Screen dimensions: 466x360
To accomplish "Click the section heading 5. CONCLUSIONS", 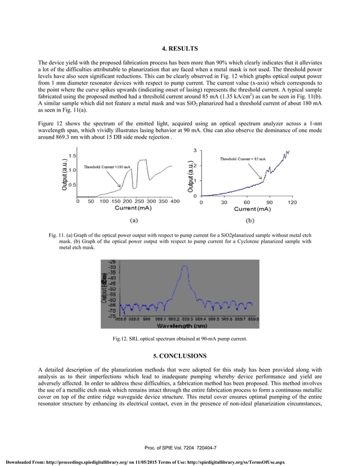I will (x=180, y=355).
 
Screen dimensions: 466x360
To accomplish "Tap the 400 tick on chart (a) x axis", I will (x=175, y=201).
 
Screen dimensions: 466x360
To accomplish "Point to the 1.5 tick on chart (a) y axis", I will (x=73, y=156).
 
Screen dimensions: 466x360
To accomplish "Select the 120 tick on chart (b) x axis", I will (x=292, y=201).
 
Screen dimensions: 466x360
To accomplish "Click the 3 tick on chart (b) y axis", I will (x=195, y=150).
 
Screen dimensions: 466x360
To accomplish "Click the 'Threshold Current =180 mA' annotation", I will (x=107, y=167).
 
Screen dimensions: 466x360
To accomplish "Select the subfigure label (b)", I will (x=250, y=222).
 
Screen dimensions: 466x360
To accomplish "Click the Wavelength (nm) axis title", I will (x=181, y=326).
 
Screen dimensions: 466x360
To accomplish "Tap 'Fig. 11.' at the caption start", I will (x=58, y=234).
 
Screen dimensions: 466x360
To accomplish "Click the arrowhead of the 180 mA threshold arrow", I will (x=120, y=187).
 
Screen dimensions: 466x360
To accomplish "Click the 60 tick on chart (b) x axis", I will (x=247, y=201).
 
